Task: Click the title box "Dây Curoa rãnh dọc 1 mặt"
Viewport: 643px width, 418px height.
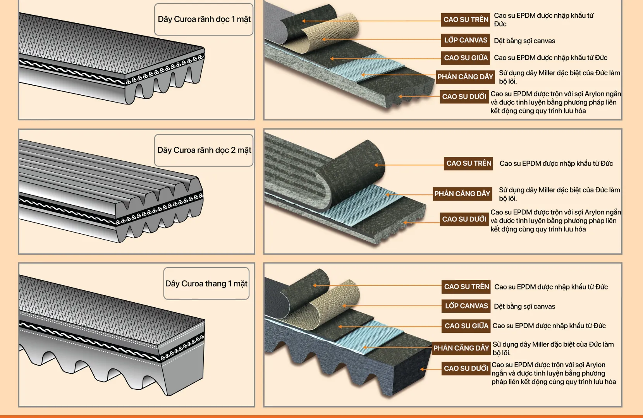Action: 204,19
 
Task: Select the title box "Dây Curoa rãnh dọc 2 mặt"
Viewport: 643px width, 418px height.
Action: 204,150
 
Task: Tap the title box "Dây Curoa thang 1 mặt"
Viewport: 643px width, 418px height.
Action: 206,283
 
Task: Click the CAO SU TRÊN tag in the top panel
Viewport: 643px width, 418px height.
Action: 465,19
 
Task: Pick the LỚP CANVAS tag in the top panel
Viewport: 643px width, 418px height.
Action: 465,40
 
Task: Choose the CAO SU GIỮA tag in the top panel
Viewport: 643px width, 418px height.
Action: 465,58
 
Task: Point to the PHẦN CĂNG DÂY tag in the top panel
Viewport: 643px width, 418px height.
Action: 465,77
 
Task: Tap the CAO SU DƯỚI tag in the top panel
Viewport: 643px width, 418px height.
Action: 464,97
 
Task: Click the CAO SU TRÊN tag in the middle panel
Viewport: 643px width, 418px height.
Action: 468,164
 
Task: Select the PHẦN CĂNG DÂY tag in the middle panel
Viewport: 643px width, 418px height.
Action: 462,194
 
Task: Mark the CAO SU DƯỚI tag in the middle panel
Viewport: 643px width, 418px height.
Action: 464,219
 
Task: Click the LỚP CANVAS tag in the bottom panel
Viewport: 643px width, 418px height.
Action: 466,306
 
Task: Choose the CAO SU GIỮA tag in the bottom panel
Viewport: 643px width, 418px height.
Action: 466,326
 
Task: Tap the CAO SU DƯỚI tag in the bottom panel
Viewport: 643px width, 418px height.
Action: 466,368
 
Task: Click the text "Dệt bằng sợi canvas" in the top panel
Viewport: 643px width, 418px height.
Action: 524,41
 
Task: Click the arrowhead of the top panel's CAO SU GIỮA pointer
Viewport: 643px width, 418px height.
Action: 332,58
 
